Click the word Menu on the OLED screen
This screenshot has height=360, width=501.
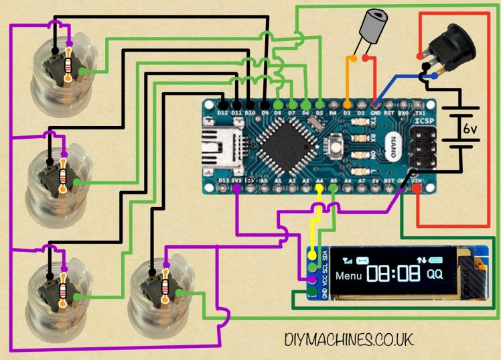coord(348,276)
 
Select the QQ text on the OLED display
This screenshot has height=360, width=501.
coord(435,274)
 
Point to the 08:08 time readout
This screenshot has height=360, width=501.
coord(394,274)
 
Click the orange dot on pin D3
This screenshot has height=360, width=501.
coord(347,104)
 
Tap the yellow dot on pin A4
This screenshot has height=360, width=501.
coord(319,188)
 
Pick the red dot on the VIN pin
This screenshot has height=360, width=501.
coord(417,189)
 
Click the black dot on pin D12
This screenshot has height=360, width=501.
coord(223,104)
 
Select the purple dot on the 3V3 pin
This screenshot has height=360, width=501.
coord(236,189)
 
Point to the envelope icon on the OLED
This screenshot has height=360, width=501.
coord(362,259)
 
